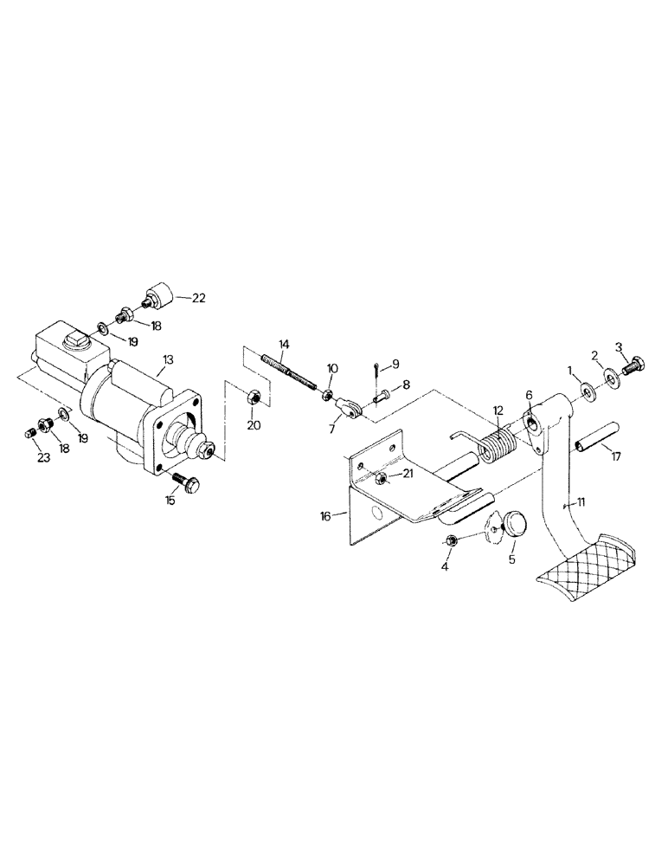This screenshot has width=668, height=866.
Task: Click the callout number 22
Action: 198,299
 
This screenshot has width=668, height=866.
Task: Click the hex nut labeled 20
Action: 254,397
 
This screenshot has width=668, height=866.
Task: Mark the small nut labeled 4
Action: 452,541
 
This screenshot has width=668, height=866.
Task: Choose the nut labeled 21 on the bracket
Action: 380,478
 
